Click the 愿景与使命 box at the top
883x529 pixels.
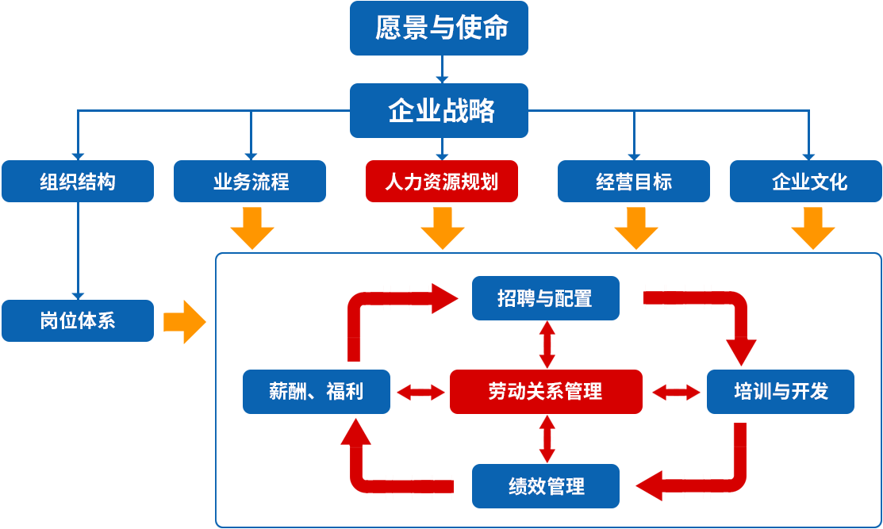(x=439, y=28)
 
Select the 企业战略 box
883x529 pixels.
(x=439, y=110)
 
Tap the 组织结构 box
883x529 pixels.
(x=77, y=181)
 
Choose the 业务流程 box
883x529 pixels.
(x=249, y=181)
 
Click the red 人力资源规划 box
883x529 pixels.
(x=441, y=181)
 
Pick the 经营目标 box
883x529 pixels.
(x=633, y=181)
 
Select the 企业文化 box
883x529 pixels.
(x=809, y=181)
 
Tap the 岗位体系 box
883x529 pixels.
(x=77, y=320)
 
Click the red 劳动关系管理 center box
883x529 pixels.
(x=545, y=391)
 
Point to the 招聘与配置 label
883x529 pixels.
(x=545, y=298)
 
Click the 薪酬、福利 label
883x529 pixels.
(x=316, y=391)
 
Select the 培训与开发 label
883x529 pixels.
(x=781, y=391)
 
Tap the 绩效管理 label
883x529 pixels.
(x=547, y=486)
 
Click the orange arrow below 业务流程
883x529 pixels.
(x=252, y=229)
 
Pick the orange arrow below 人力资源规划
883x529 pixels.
(x=443, y=229)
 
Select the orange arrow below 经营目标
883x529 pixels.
(x=635, y=229)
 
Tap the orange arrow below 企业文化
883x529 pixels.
(x=812, y=229)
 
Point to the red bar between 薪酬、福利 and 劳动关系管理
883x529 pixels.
(x=420, y=392)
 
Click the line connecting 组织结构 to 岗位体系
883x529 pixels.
(x=78, y=250)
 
